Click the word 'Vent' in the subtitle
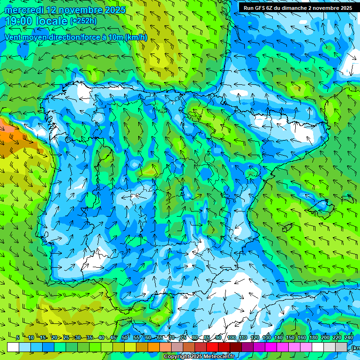(x=14, y=37)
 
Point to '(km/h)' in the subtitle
(x=136, y=37)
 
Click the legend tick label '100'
(x=232, y=337)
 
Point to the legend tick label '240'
(x=348, y=337)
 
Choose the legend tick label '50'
(x=124, y=337)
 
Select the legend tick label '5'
(x=18, y=337)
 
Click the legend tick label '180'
(x=313, y=337)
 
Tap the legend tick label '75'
(x=183, y=337)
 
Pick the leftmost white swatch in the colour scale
(x=13, y=347)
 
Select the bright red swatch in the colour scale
(x=212, y=347)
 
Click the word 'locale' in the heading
(x=52, y=21)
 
